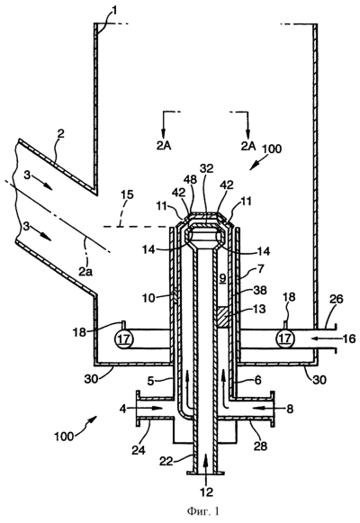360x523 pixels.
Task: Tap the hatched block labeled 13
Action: click(x=223, y=317)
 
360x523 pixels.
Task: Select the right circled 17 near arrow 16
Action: click(x=284, y=338)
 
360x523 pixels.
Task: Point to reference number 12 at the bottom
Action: click(x=207, y=491)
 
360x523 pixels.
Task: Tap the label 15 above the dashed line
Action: click(x=127, y=194)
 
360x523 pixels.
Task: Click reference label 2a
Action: click(x=85, y=272)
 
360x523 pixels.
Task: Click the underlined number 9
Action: click(x=222, y=278)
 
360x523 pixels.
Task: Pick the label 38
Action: click(x=260, y=291)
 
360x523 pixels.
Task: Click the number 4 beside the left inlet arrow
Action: click(x=124, y=409)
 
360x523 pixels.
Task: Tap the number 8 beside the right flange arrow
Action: click(x=290, y=409)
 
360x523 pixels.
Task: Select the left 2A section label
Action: click(x=163, y=146)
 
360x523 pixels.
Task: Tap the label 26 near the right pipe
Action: click(x=336, y=299)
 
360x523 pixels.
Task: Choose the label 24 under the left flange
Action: click(x=139, y=450)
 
